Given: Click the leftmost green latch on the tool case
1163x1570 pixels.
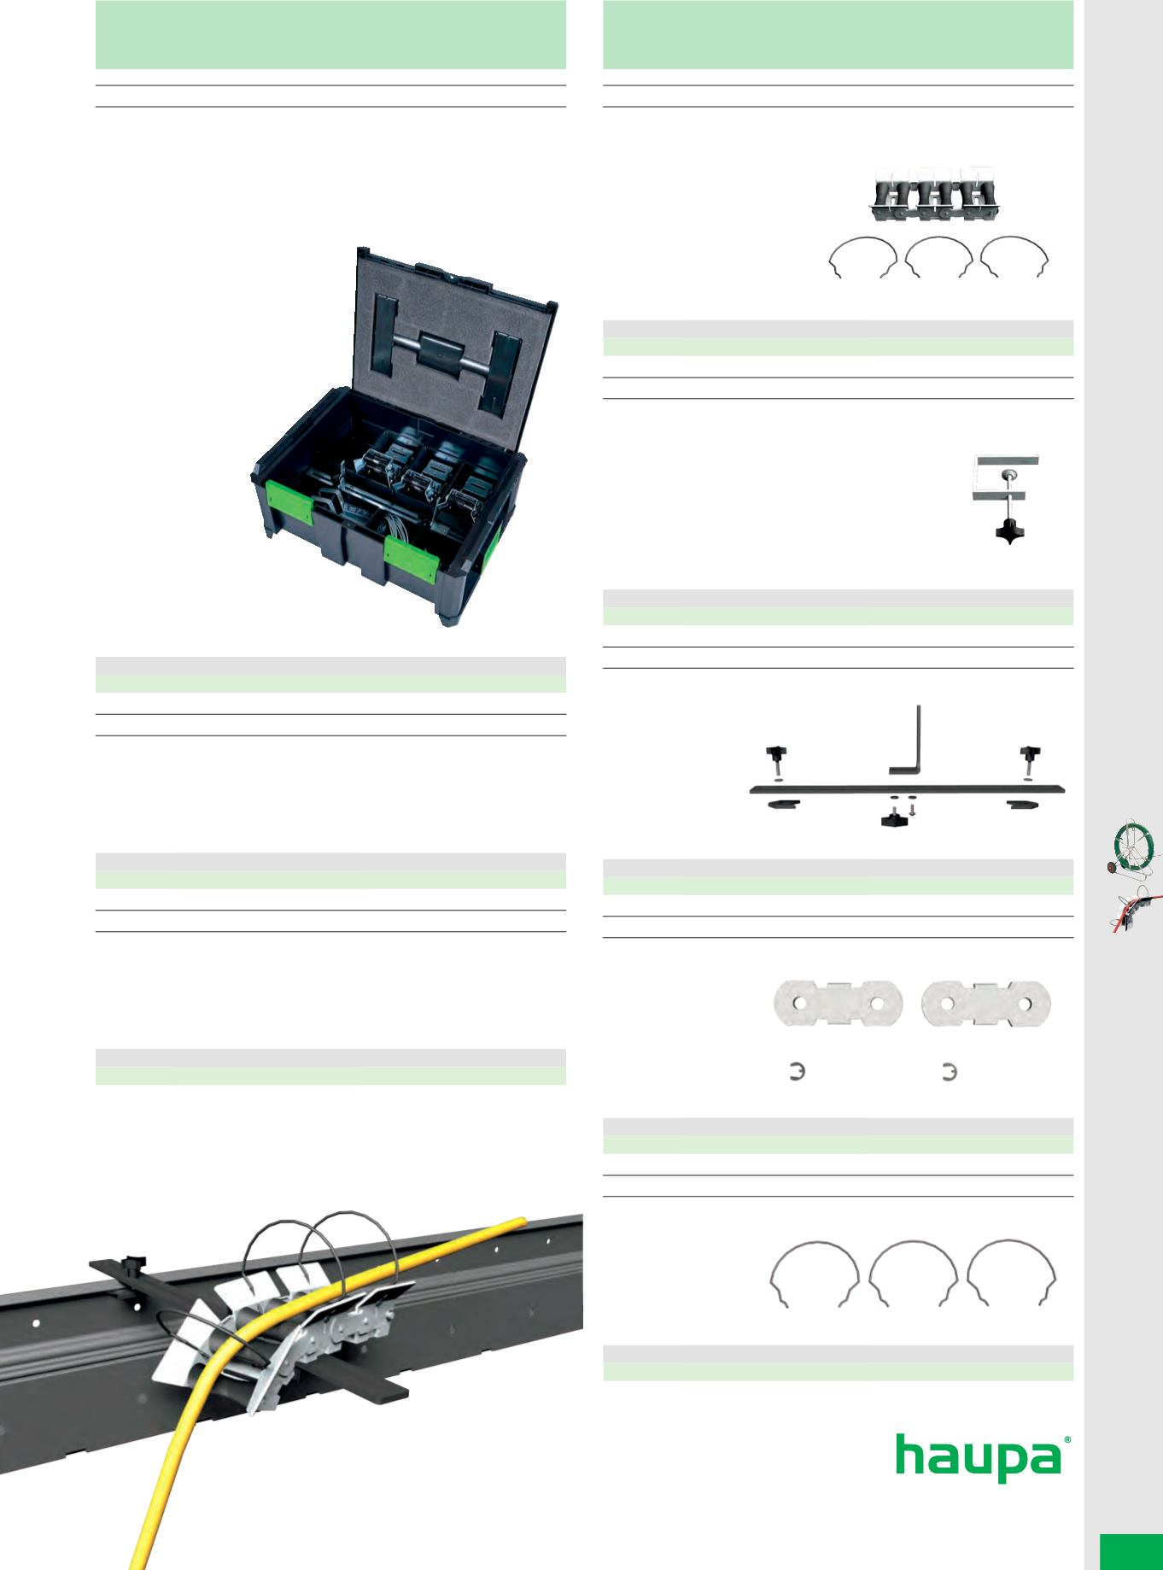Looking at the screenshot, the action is pos(290,505).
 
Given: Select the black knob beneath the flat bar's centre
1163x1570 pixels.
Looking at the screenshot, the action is pos(896,821).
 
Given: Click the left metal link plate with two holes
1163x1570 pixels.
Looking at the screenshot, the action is pos(838,1005).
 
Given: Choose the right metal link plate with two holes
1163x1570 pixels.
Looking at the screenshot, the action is pos(987,1005).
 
